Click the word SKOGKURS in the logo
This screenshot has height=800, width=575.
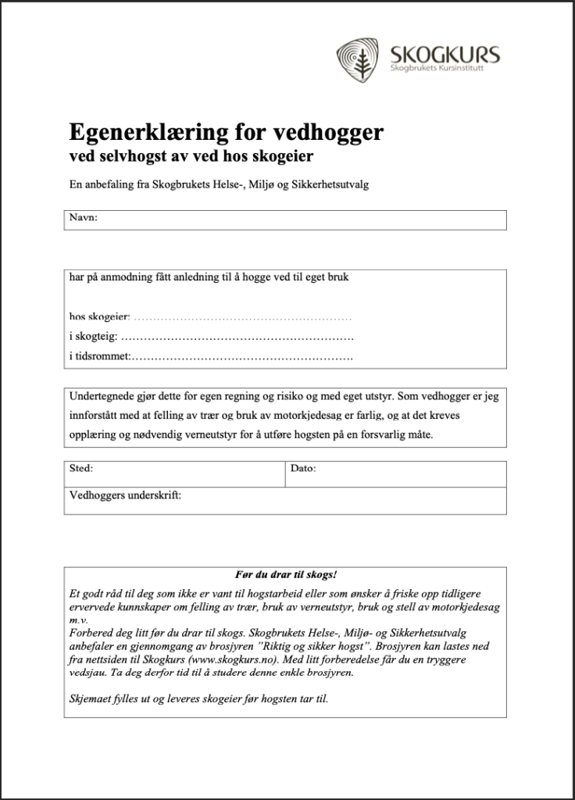click(444, 55)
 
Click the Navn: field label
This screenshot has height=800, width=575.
click(84, 218)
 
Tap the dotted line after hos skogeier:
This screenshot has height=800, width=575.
click(244, 318)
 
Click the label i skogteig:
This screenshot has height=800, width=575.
click(94, 337)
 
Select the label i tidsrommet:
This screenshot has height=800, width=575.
click(99, 357)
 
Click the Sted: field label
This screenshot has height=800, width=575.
click(81, 469)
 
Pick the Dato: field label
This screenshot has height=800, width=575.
click(302, 469)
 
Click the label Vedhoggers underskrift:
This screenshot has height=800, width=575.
click(125, 495)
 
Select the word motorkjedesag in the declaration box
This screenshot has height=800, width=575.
click(330, 415)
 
